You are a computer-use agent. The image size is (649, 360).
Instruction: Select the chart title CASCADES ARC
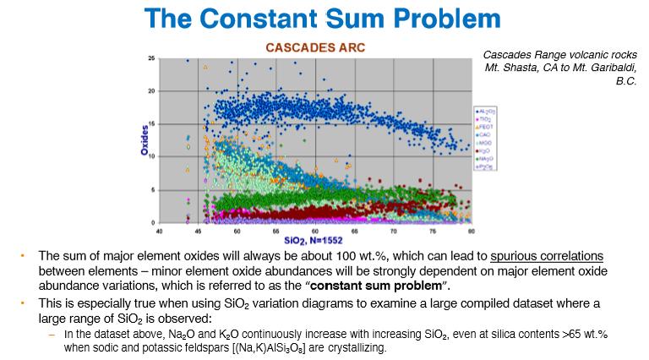click(x=317, y=48)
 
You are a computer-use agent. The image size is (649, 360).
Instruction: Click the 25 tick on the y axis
click(x=150, y=59)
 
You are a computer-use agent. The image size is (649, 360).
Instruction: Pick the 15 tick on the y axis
click(x=150, y=124)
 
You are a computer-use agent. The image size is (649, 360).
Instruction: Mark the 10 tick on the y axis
click(x=150, y=157)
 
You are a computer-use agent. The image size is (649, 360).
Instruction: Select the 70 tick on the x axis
click(x=394, y=230)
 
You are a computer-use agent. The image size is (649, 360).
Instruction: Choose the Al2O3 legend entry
click(x=487, y=111)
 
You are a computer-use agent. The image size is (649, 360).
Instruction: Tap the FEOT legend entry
click(x=486, y=127)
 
